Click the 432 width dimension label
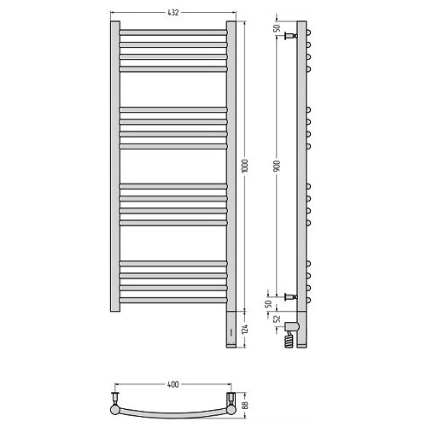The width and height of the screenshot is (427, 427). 173,13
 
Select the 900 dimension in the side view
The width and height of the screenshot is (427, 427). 277,166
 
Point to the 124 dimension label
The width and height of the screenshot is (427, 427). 245,329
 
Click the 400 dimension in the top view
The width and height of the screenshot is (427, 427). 173,384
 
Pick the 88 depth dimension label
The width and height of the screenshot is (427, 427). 246,405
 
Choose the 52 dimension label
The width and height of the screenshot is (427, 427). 277,319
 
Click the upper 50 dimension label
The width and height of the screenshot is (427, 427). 277,28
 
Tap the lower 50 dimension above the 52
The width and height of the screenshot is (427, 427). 268,304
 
